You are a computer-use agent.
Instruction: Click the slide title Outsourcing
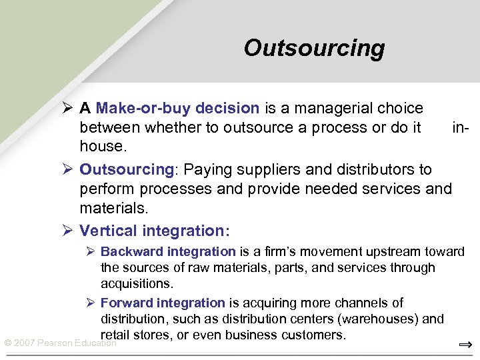coord(314,48)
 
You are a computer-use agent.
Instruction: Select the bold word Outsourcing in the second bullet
coord(125,169)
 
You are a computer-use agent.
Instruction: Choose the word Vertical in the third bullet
coord(107,231)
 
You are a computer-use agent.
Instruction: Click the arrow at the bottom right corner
coord(465,345)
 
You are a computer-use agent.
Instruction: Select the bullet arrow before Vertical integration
coord(67,231)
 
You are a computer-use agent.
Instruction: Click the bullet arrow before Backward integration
coord(91,252)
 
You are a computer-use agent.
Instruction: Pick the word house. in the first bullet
coord(101,145)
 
